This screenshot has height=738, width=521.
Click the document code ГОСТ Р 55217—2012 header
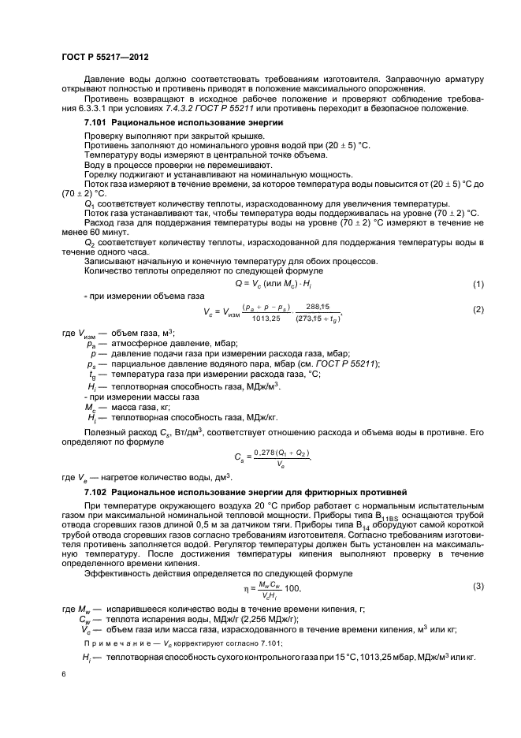tap(105, 58)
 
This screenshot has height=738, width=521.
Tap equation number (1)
tap(477, 283)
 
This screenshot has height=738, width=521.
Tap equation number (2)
tap(477, 309)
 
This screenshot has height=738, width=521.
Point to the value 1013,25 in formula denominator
tap(270, 319)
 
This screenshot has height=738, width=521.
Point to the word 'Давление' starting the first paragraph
tap(104, 79)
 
